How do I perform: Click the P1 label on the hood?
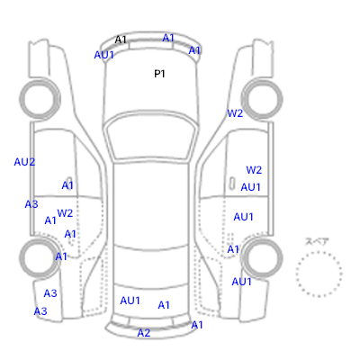pos(159,74)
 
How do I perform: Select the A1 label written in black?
pos(121,40)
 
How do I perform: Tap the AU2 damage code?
pos(24,162)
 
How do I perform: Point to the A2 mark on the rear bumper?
pos(144,333)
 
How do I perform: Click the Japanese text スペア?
pos(317,241)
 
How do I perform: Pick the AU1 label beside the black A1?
pos(104,55)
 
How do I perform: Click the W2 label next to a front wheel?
pos(235,113)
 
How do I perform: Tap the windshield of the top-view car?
pos(151,139)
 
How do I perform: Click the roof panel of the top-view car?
pos(151,204)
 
